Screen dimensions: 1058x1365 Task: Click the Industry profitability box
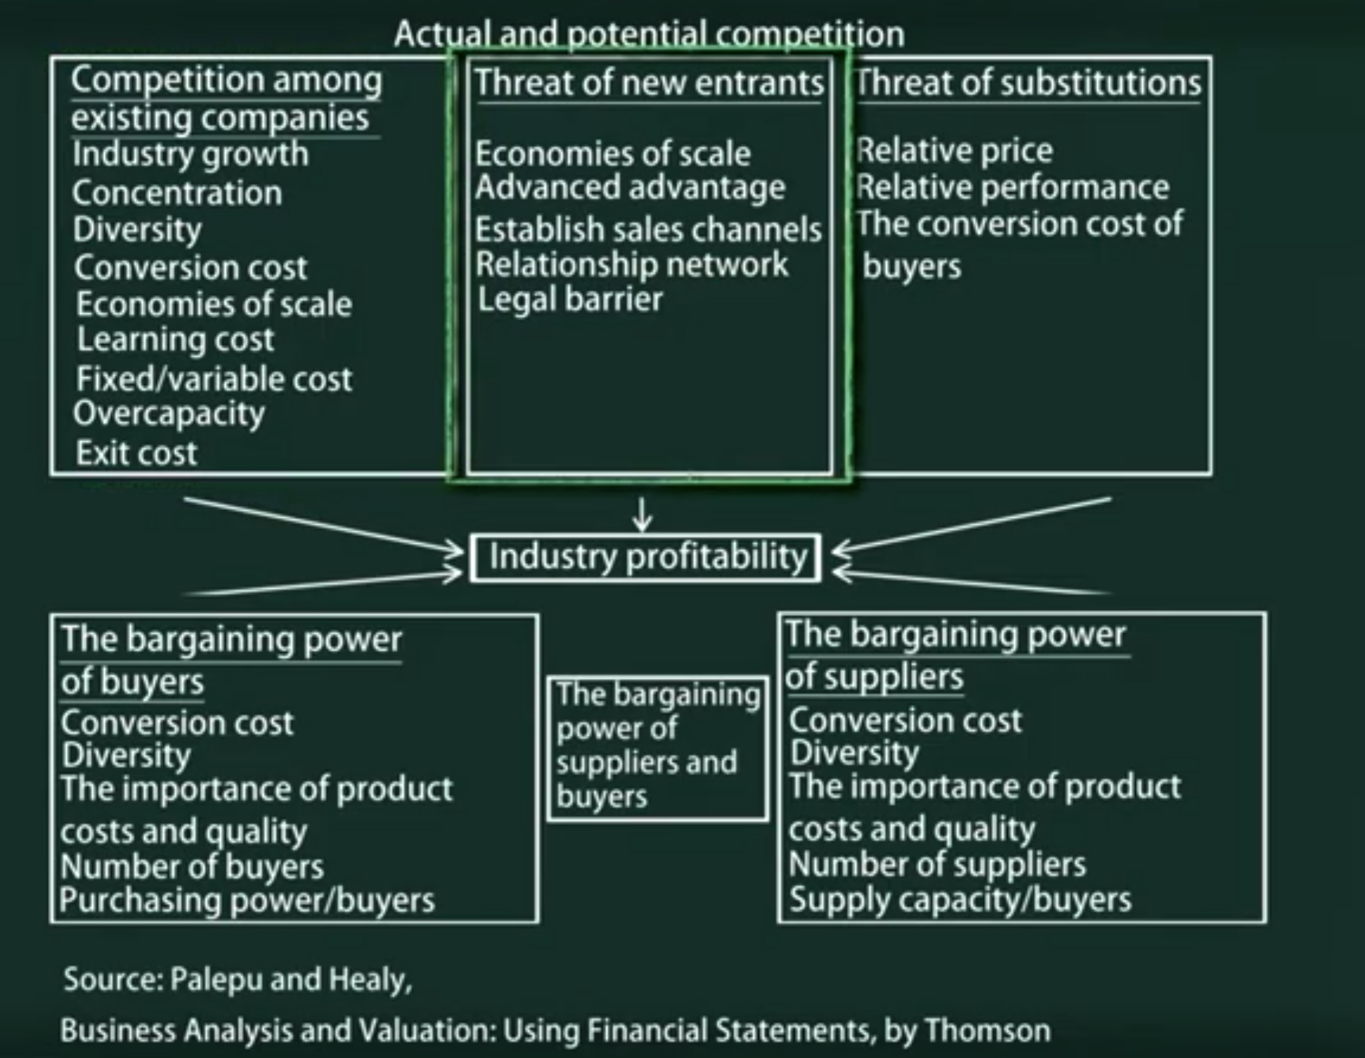(645, 558)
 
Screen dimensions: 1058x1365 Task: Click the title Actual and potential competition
(649, 34)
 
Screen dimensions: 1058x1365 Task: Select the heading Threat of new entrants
(649, 83)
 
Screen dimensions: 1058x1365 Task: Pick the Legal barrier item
(570, 300)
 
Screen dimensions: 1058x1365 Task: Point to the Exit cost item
(136, 453)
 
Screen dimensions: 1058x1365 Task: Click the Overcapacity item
(169, 414)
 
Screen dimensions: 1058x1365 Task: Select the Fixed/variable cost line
(214, 379)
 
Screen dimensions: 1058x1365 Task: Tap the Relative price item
(955, 151)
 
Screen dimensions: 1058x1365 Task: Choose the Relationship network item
(631, 265)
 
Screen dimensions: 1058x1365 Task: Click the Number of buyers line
(192, 867)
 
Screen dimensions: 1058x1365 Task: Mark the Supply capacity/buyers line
(960, 900)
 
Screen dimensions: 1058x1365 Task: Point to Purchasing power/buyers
(247, 901)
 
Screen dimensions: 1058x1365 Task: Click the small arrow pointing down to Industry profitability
(642, 515)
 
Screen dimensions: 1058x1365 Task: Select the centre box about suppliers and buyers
(658, 747)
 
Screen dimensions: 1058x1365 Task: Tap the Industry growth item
(190, 155)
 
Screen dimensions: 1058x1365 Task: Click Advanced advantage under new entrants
(630, 188)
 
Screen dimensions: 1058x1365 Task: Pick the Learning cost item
(175, 340)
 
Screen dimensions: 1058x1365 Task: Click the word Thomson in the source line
(988, 1031)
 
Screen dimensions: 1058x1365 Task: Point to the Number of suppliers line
(937, 864)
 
